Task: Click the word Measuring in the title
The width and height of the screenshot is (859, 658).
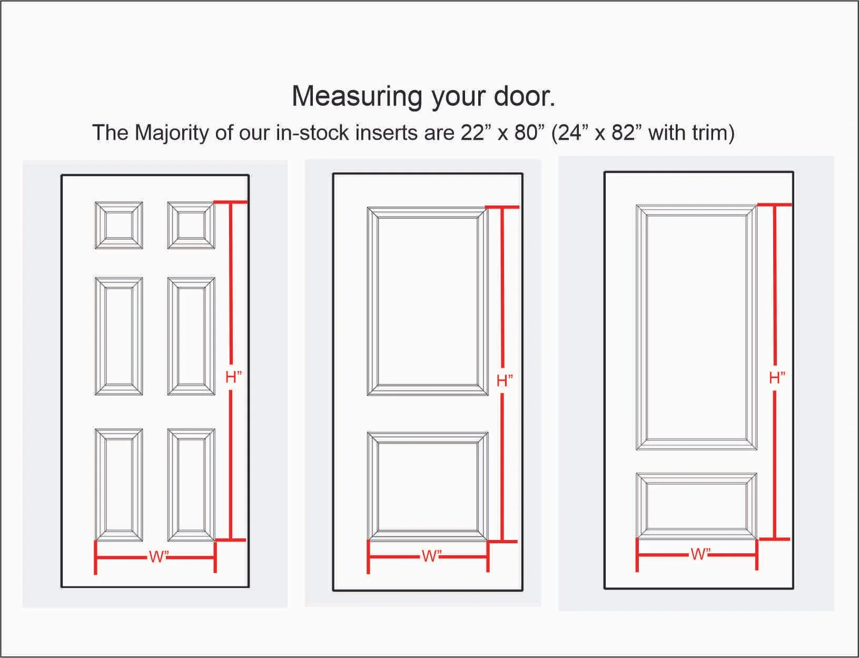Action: [357, 97]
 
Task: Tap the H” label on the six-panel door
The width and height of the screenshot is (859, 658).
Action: [234, 377]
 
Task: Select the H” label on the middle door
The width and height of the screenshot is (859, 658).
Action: [505, 381]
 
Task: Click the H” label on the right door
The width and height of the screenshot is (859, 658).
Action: [777, 378]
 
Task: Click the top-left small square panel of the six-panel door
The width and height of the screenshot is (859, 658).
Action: [119, 225]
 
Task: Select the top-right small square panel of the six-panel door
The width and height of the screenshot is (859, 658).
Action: [191, 225]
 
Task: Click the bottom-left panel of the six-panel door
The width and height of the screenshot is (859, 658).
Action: [119, 484]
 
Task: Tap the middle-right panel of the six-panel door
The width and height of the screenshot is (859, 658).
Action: [191, 336]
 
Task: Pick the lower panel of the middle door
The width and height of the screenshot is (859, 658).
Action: [428, 486]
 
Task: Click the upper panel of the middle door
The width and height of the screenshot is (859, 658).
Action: [428, 301]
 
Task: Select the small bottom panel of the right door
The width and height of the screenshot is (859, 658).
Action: [697, 505]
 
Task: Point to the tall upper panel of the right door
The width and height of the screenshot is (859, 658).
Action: [697, 327]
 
